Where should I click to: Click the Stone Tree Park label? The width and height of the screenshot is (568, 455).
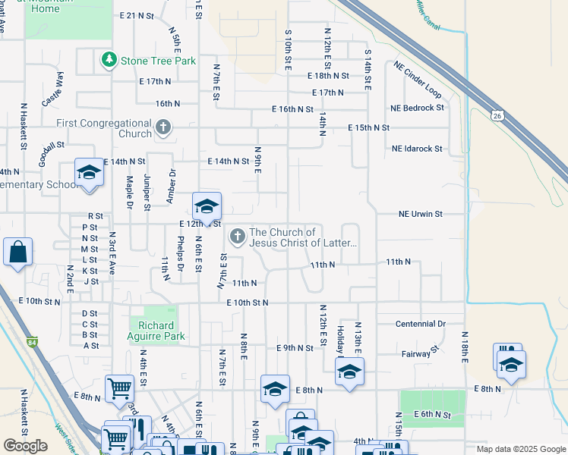(158, 61)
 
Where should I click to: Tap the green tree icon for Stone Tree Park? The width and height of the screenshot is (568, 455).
(109, 59)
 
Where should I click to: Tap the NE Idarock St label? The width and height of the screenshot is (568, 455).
(417, 149)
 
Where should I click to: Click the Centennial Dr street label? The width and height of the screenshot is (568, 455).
(420, 324)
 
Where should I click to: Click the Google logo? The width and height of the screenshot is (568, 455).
(25, 446)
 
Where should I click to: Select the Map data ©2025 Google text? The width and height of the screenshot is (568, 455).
(520, 449)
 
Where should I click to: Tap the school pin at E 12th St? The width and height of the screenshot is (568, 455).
(207, 206)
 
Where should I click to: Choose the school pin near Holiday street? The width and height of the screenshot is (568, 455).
(349, 372)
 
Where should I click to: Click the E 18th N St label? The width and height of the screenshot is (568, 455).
(328, 76)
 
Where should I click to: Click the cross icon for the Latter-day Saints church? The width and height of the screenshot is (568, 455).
(237, 237)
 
